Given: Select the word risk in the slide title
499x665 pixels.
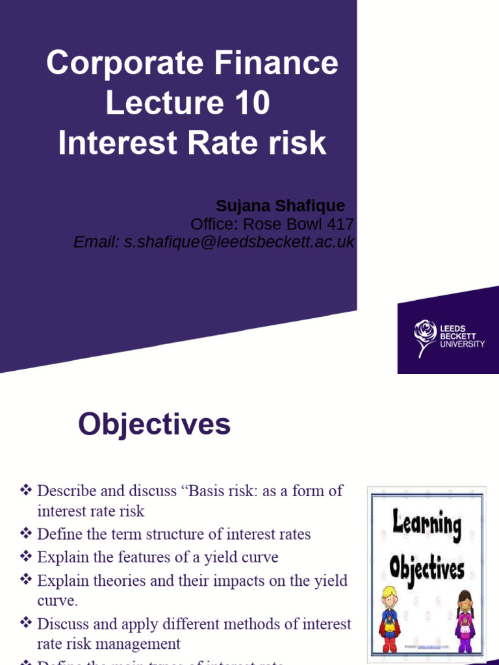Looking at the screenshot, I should tap(300, 143).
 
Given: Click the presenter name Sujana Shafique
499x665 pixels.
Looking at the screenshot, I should tap(280, 207).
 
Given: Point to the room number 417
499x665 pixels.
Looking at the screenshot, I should tap(340, 225).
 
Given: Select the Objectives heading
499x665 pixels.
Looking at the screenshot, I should tap(154, 425).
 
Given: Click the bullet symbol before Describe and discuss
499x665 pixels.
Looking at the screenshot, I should tap(25, 490).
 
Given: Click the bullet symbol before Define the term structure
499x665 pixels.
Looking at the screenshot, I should tap(25, 534).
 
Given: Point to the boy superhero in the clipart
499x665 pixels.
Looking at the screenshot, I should tap(389, 620).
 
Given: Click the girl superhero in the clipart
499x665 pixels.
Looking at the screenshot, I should tap(464, 620).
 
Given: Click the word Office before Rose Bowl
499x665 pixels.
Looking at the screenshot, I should tap(211, 225).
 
